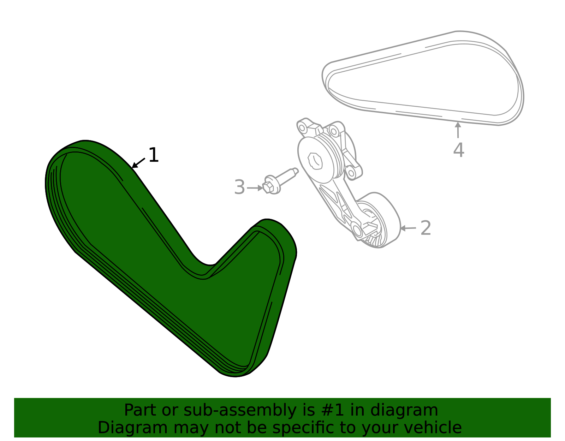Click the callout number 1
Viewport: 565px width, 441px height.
[x=154, y=155]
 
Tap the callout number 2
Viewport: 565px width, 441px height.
[x=426, y=228]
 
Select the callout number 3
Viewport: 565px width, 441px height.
[x=239, y=187]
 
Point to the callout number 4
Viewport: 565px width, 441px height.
[x=459, y=150]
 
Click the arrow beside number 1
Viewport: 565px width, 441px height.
[x=138, y=163]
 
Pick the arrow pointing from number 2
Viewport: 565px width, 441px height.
[x=408, y=228]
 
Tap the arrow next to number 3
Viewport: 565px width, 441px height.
[x=255, y=187]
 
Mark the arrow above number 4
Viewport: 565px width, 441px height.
[x=458, y=130]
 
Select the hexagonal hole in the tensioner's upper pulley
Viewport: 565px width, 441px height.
[x=315, y=161]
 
